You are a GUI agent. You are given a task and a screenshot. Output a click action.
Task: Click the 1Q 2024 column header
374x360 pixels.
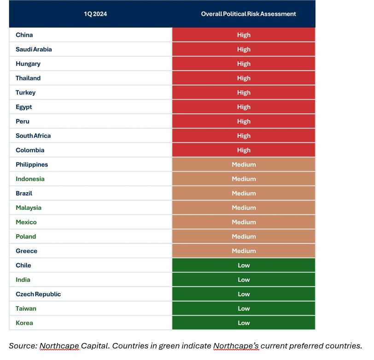tap(95, 14)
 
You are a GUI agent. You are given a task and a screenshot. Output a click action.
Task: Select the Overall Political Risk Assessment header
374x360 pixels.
tap(248, 14)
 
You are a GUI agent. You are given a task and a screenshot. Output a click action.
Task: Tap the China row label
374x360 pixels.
tap(24, 35)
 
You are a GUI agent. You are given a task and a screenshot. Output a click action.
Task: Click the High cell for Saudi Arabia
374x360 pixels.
tap(244, 49)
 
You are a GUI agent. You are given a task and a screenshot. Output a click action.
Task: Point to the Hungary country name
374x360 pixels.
tap(28, 64)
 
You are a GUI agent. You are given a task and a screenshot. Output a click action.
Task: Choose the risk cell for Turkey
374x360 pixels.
tap(244, 92)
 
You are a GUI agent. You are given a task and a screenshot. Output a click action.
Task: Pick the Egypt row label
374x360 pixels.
tap(23, 107)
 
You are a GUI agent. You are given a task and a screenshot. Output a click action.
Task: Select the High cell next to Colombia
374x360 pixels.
tap(244, 150)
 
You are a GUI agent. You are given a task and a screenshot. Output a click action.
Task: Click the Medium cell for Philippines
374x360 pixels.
tap(244, 165)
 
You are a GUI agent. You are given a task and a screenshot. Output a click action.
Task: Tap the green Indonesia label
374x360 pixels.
tap(30, 179)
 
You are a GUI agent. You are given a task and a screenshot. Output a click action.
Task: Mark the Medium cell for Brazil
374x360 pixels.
tap(244, 193)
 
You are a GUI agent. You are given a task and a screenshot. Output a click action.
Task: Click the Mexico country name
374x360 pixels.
tap(26, 222)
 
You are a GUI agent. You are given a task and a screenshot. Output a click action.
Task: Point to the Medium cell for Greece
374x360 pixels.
tap(244, 251)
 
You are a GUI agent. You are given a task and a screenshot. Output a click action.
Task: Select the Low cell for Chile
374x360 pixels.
tap(244, 265)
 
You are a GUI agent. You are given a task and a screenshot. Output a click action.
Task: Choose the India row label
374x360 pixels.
tap(23, 279)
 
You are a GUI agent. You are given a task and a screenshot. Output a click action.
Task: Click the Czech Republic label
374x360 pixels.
tap(38, 294)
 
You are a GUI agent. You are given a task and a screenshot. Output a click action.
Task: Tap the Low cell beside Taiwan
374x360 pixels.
tap(244, 308)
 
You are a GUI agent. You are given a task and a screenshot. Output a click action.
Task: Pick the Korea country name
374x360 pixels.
tap(24, 323)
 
